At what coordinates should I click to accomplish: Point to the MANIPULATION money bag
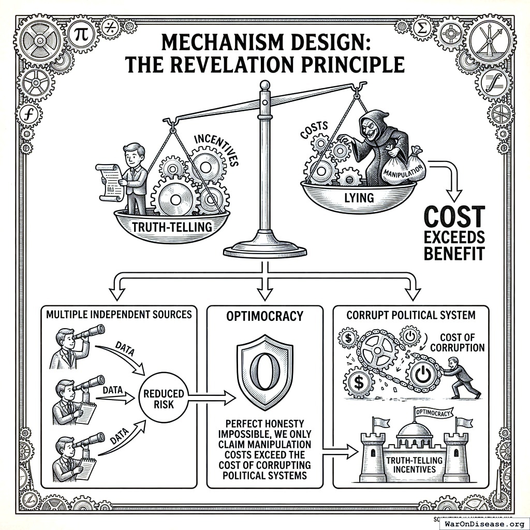click(x=402, y=167)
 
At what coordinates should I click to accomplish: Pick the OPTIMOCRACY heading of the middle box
click(x=264, y=315)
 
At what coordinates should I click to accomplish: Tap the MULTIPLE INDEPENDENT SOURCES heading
click(x=119, y=314)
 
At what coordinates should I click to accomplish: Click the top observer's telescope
click(x=89, y=332)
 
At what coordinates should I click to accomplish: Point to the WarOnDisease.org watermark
click(x=483, y=523)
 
